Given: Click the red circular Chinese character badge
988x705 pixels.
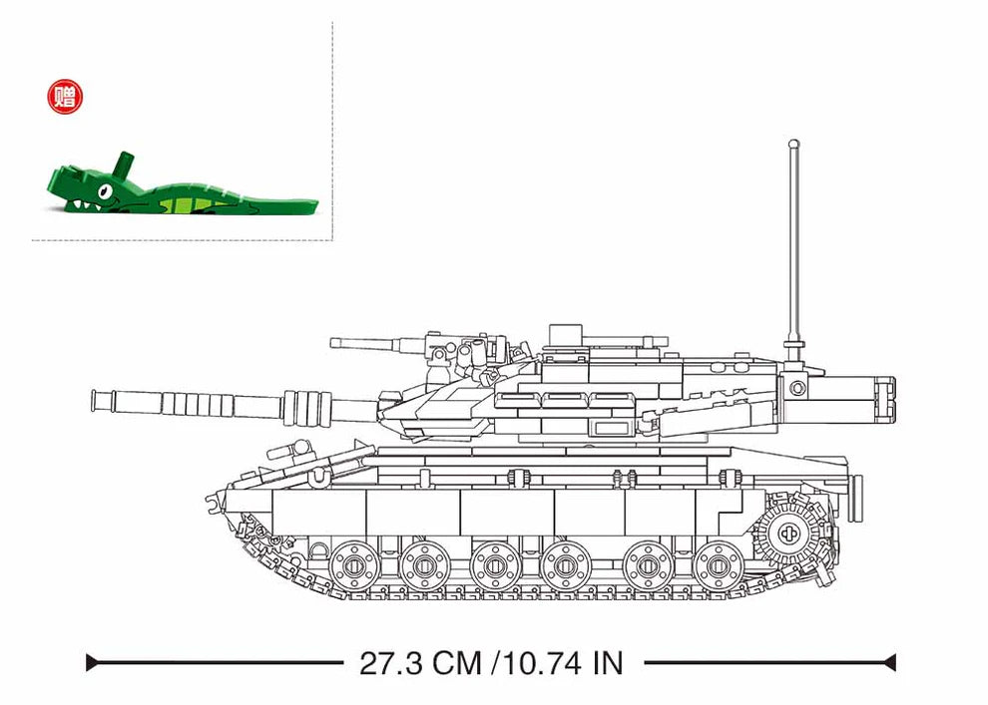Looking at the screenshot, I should pyautogui.click(x=67, y=97).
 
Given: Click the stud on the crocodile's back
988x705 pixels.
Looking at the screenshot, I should pyautogui.click(x=122, y=163).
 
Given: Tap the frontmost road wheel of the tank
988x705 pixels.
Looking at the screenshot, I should pyautogui.click(x=353, y=565).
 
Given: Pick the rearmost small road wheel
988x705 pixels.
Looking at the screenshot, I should pyautogui.click(x=719, y=565).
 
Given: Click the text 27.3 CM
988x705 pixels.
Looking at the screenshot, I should pyautogui.click(x=420, y=662).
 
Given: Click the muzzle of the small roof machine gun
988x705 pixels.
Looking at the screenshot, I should pyautogui.click(x=334, y=343).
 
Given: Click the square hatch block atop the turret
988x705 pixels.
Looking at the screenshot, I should pyautogui.click(x=564, y=332).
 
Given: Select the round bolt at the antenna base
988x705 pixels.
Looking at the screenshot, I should pyautogui.click(x=797, y=386).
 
